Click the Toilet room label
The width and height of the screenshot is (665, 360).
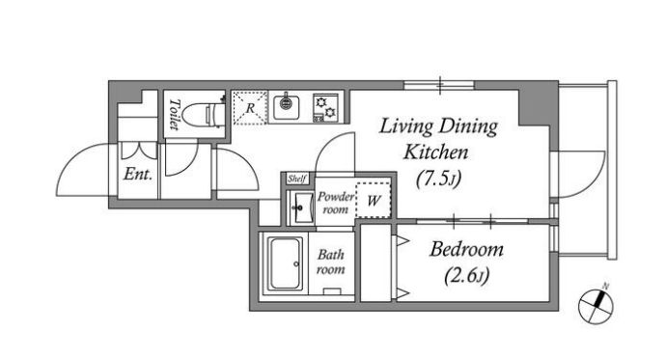[175, 114]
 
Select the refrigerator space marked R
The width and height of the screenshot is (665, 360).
[250, 108]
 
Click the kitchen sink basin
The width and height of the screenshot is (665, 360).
[287, 107]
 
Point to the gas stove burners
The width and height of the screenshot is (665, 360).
[325, 107]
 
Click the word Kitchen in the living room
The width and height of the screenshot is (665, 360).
[435, 152]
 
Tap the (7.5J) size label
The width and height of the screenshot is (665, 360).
[438, 179]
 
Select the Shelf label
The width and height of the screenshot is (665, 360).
[296, 179]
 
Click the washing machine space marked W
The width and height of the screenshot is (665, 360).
[374, 200]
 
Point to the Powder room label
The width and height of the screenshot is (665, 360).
[336, 203]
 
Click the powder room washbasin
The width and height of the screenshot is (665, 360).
[301, 208]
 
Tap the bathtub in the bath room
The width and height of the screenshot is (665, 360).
[286, 263]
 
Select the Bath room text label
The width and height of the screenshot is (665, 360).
[331, 262]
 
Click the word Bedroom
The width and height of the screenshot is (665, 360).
[466, 249]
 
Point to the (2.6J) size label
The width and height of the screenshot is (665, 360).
[467, 276]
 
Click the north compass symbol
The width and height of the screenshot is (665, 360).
[596, 304]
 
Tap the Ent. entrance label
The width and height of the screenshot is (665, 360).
[138, 174]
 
